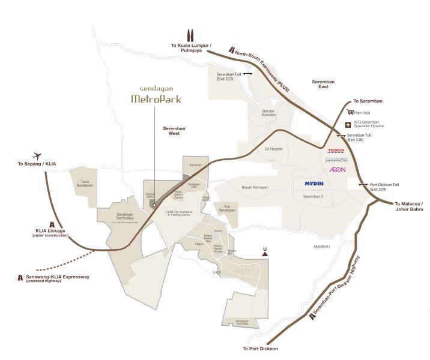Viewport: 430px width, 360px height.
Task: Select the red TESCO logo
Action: pos(335,151)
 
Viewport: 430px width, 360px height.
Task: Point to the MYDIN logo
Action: pos(314,183)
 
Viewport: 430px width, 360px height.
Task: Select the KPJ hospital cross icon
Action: pos(347,125)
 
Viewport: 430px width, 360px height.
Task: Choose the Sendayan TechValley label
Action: pos(124,216)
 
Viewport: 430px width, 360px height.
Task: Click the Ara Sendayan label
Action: pos(226,209)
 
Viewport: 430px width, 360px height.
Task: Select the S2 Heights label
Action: pos(273,149)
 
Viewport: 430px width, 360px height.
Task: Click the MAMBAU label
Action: pos(323,246)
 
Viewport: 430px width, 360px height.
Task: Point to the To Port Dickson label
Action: pos(261,348)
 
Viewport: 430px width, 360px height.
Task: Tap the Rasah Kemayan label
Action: pos(255,187)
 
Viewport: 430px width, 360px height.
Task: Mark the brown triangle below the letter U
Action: pos(265,254)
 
